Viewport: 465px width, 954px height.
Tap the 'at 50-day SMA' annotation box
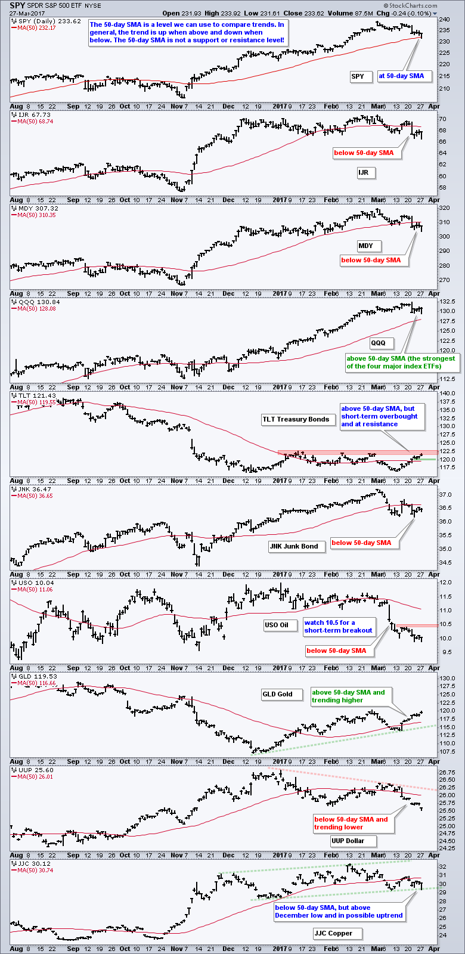pos(401,76)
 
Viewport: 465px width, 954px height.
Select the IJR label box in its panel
pos(363,172)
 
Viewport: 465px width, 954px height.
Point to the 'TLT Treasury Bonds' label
pos(296,419)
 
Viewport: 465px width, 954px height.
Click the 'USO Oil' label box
pos(276,625)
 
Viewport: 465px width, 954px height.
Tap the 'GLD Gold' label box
pos(277,694)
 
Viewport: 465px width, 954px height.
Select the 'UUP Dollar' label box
pos(346,841)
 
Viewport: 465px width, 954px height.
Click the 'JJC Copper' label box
pos(333,933)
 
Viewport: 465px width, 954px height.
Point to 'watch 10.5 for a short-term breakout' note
pos(338,627)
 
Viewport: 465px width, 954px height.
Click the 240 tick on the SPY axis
pos(444,20)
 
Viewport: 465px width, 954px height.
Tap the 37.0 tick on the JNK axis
pos(445,495)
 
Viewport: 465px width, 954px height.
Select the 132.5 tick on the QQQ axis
pos(447,302)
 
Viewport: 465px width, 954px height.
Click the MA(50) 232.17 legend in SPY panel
pos(37,27)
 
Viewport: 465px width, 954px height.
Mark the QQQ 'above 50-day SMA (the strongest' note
pos(401,358)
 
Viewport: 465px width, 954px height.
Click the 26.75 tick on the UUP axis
pos(447,772)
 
